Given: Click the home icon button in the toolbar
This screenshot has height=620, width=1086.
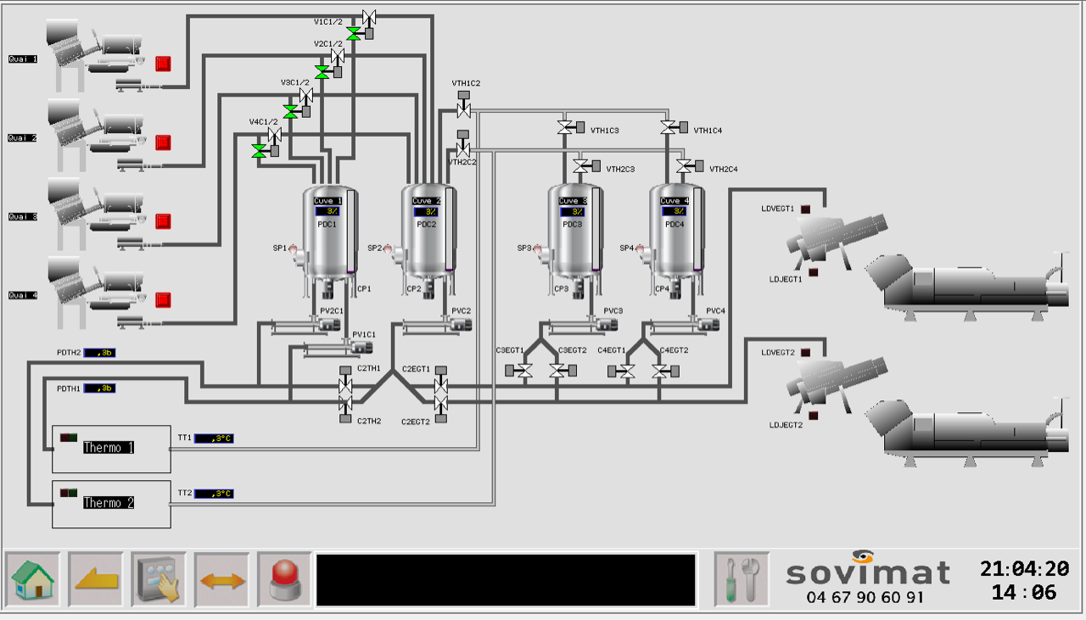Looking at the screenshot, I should coord(33,578).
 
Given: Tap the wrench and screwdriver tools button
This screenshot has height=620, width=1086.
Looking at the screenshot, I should coord(742,578).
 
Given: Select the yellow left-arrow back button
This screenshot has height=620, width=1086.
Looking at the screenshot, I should coord(96,578).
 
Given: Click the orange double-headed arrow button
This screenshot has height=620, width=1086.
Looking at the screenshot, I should coord(221,580).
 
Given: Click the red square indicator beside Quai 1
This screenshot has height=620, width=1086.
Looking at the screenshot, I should coord(164,64).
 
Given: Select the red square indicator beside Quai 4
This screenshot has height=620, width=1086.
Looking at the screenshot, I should coord(164,299).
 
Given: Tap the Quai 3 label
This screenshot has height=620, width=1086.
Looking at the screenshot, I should coord(23,217).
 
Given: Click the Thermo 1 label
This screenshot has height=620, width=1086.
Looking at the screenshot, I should coord(109,448).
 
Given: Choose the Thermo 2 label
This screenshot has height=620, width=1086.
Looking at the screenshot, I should coord(109,503).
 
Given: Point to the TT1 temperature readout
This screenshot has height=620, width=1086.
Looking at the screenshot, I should coord(213,438).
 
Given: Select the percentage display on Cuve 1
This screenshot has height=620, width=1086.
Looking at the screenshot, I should coord(328,211).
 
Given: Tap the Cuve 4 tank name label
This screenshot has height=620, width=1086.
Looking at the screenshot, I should coord(675,201).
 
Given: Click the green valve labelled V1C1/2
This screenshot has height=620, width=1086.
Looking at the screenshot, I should coord(354,33).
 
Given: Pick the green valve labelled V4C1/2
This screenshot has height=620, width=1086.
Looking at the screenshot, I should coord(260,150).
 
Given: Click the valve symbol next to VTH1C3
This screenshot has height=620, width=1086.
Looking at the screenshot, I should coord(565,128).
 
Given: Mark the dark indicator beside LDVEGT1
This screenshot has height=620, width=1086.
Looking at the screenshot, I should coord(805,209).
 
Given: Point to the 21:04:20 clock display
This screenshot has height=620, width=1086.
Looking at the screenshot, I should coord(1024,569).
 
